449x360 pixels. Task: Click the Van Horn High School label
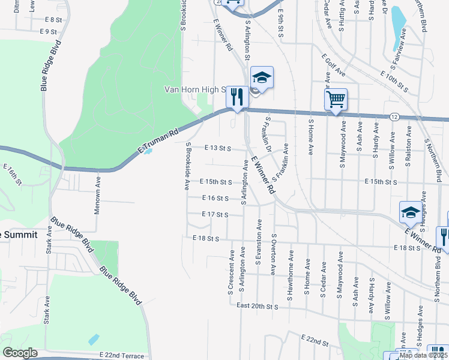pos(195,90)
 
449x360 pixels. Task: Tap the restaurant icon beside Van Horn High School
pos(238,97)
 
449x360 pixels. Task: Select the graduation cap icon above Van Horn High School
pos(262,77)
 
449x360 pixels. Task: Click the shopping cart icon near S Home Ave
pos(336,99)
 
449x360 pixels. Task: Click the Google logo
pos(20,353)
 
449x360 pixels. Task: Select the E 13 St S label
pos(217,147)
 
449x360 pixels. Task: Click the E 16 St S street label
pos(215,198)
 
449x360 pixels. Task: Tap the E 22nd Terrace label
pos(122,356)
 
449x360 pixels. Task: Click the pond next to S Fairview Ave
pos(398,27)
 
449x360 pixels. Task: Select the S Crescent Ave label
pos(231,277)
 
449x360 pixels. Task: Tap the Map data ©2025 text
pos(424,355)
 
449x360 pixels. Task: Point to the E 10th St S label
pos(394,82)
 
